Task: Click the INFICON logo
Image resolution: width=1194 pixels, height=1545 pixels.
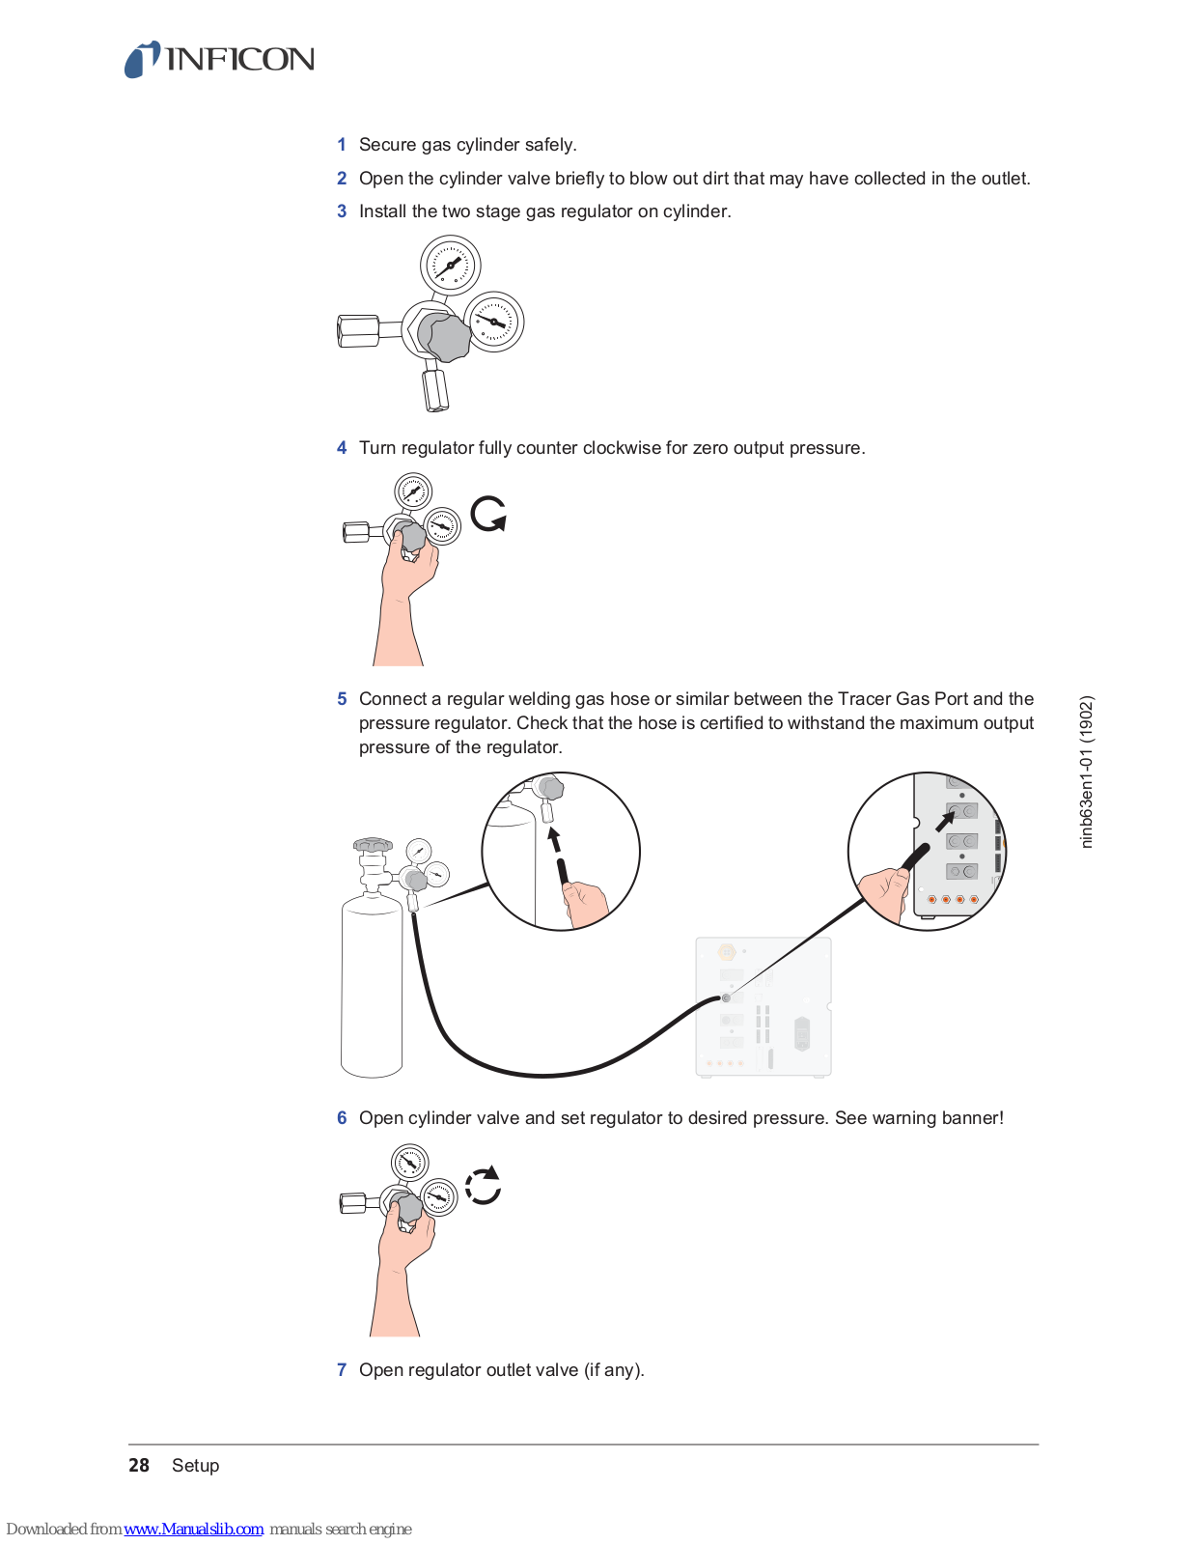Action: pyautogui.click(x=219, y=60)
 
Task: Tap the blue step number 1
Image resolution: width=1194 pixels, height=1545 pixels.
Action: pyautogui.click(x=342, y=145)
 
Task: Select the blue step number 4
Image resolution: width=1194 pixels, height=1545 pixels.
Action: pyautogui.click(x=342, y=448)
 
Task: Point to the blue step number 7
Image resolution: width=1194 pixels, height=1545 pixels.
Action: pyautogui.click(x=342, y=1370)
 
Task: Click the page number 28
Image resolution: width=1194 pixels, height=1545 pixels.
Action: pyautogui.click(x=139, y=1466)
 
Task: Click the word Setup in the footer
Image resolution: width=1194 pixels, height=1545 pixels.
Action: pyautogui.click(x=196, y=1466)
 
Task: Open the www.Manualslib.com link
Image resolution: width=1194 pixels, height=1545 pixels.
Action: pyautogui.click(x=194, y=1530)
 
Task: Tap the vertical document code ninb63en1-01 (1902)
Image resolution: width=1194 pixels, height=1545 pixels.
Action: pyautogui.click(x=1087, y=772)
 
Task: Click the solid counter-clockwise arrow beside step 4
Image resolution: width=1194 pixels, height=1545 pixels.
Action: pyautogui.click(x=488, y=514)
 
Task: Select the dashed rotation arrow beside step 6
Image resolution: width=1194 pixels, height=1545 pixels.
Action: pyautogui.click(x=484, y=1186)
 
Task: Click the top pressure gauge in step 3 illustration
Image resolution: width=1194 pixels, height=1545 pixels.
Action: pyautogui.click(x=450, y=265)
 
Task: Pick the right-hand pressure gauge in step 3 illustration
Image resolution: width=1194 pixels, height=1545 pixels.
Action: pyautogui.click(x=494, y=322)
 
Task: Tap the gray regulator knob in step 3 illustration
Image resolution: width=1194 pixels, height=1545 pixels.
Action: pyautogui.click(x=445, y=336)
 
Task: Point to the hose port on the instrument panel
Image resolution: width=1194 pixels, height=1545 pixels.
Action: pyautogui.click(x=726, y=997)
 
